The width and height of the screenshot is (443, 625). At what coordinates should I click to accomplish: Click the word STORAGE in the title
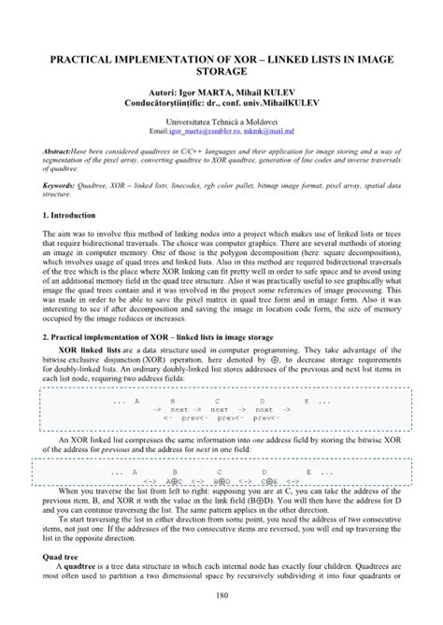221,73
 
